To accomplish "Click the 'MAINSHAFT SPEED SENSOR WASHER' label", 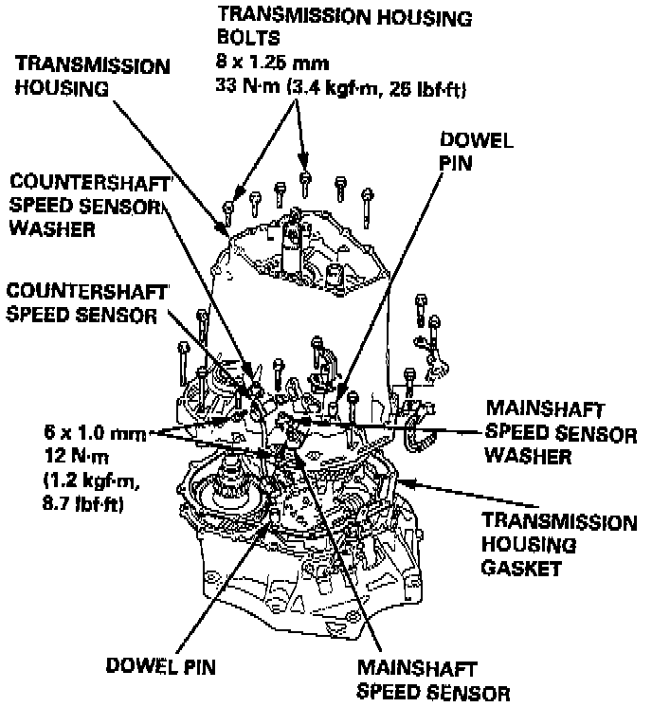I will click(x=559, y=431).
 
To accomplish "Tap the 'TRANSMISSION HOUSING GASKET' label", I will click(x=563, y=545).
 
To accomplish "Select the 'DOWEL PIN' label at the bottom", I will click(x=161, y=666).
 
